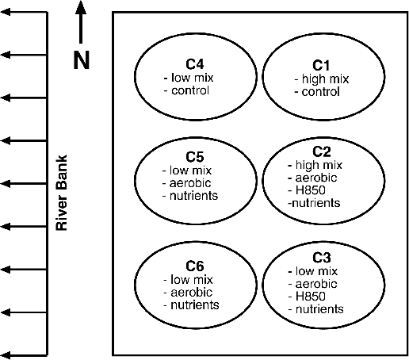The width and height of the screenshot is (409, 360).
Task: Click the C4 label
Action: pos(195,64)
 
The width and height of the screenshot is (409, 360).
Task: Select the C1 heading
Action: pos(321,65)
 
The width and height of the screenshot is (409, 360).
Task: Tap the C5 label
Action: pos(195,157)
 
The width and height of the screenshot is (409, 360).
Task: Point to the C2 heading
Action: pos(322,151)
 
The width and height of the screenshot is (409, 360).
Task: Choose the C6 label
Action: pos(195,266)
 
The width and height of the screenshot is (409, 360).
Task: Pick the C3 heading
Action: pos(322,258)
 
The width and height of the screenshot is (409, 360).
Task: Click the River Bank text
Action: pos(62,193)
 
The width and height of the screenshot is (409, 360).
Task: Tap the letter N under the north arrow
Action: pos(82,60)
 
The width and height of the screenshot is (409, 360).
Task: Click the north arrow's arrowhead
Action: pos(81,7)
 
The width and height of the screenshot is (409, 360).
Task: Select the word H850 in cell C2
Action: pos(311,190)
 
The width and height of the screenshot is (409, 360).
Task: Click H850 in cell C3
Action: pos(311,296)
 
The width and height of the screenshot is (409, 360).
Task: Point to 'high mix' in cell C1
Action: pos(325,79)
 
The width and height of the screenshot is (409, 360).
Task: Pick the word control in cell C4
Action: pos(190,90)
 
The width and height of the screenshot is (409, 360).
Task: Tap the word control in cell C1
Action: pos(320,92)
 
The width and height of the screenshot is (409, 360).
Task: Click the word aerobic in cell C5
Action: pos(190,183)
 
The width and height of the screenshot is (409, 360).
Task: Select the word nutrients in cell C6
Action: pos(195,305)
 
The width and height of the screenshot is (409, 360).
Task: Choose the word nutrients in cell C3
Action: pos(319,309)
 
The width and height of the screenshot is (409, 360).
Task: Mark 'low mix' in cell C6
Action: pos(192,280)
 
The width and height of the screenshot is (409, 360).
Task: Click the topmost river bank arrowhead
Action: pos(6,12)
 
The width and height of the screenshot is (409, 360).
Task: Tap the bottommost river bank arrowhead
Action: pos(6,355)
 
